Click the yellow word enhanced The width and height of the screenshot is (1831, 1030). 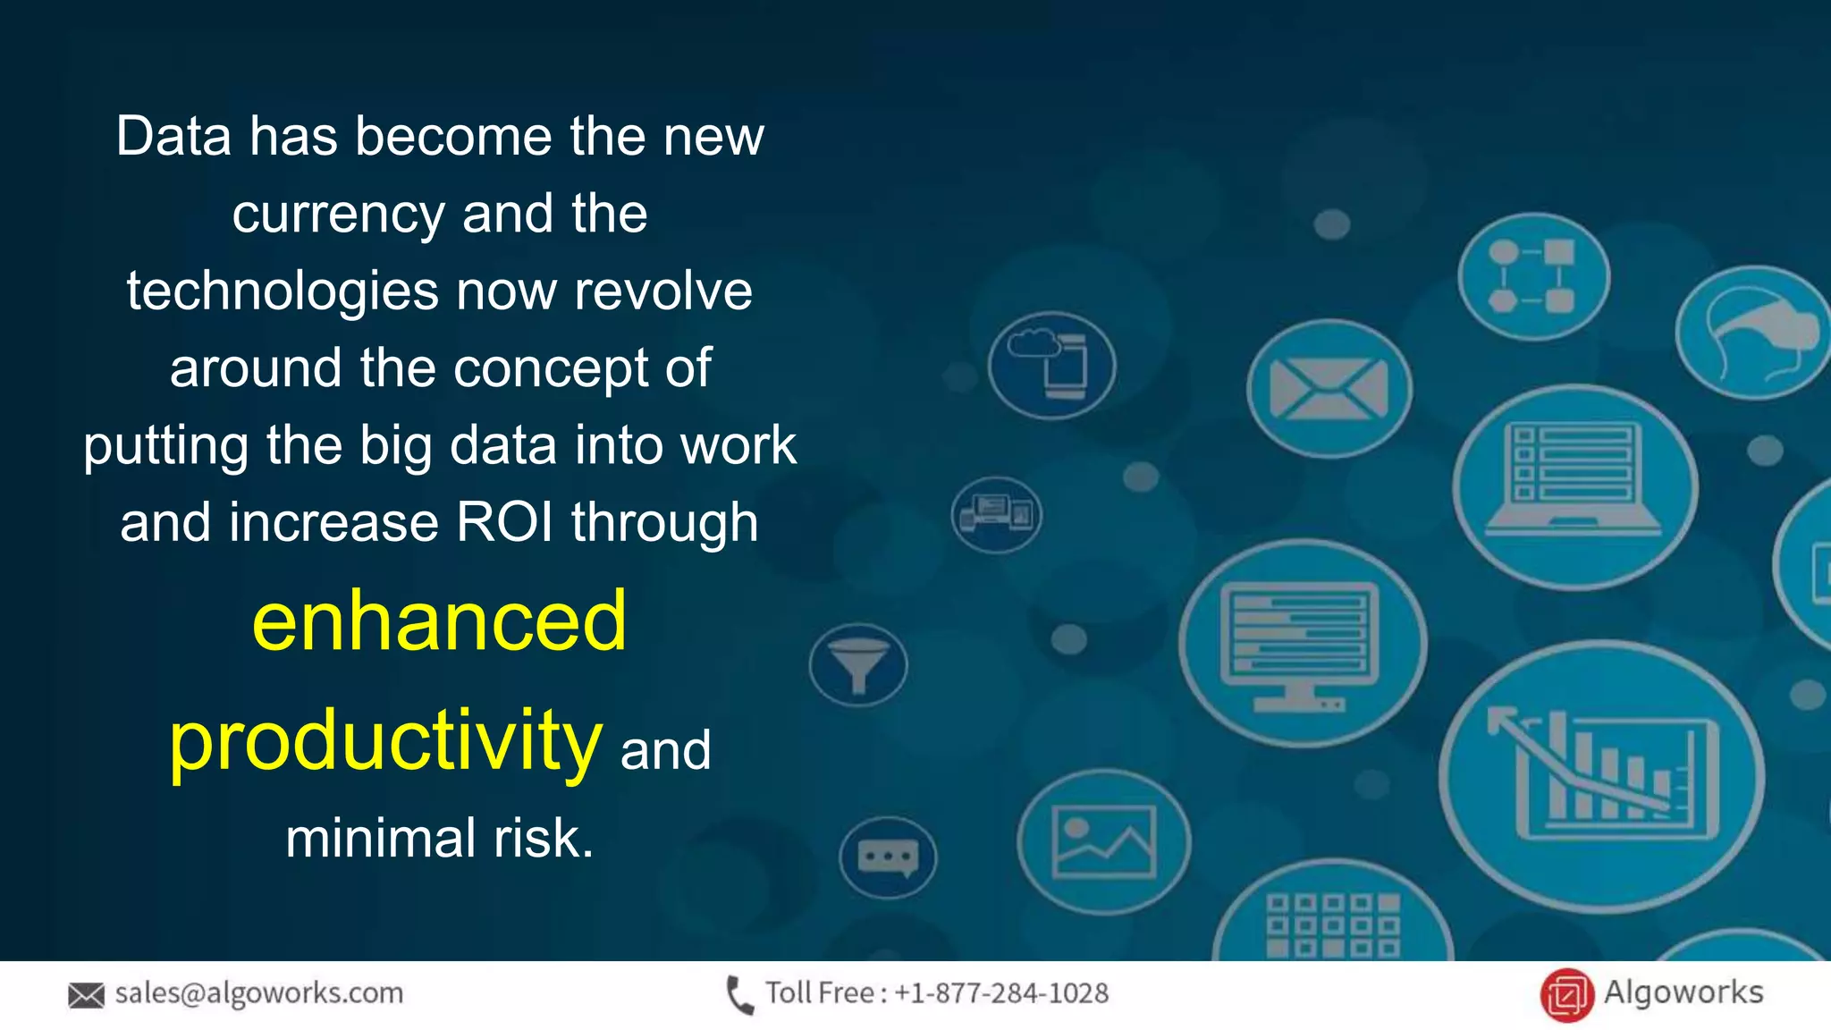439,621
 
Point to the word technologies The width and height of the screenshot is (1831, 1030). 283,291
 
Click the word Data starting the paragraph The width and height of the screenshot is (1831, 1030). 173,137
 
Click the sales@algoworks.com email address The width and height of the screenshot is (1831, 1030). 259,992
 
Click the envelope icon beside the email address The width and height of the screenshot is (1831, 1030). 86,994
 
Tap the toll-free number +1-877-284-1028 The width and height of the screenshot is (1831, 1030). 1000,992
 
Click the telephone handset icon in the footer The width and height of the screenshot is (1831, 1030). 739,994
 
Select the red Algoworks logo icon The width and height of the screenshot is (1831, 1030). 1566,994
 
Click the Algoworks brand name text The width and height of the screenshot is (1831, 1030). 1683,992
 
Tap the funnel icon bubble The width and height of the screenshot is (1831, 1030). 858,665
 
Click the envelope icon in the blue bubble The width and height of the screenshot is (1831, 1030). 1329,389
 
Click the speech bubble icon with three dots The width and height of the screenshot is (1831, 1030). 888,857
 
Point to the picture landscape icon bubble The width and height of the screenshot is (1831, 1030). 1103,841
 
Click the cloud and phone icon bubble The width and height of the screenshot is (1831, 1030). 1051,366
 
